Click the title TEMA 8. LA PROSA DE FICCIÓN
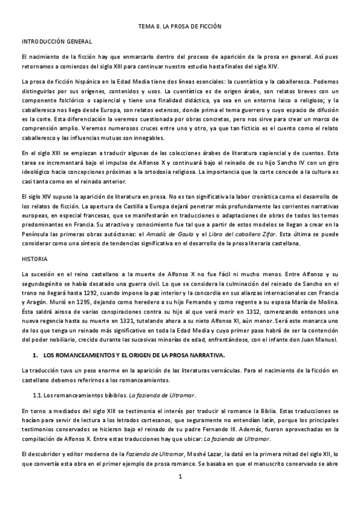(x=180, y=27)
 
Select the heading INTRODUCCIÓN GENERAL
(x=56, y=41)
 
